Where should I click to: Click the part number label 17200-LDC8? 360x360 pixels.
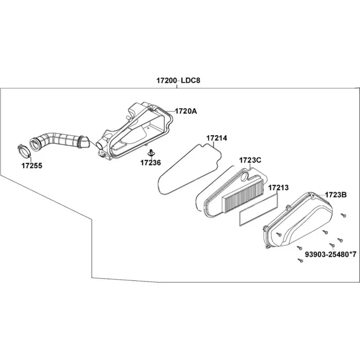point(178,81)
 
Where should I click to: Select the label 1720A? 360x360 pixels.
point(186,111)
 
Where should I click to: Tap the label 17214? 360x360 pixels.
point(217,138)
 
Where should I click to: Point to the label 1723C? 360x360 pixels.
point(250,160)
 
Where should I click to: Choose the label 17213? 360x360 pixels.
point(279,188)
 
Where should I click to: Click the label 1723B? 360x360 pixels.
point(336,195)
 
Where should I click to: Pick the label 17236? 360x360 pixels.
point(151,163)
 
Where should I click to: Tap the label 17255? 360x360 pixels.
point(32,166)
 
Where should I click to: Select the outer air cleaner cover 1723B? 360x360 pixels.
point(297,220)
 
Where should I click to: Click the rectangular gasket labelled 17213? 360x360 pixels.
point(258,209)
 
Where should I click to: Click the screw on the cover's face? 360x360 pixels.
point(279,234)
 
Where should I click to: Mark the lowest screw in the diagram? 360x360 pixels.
point(300,261)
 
